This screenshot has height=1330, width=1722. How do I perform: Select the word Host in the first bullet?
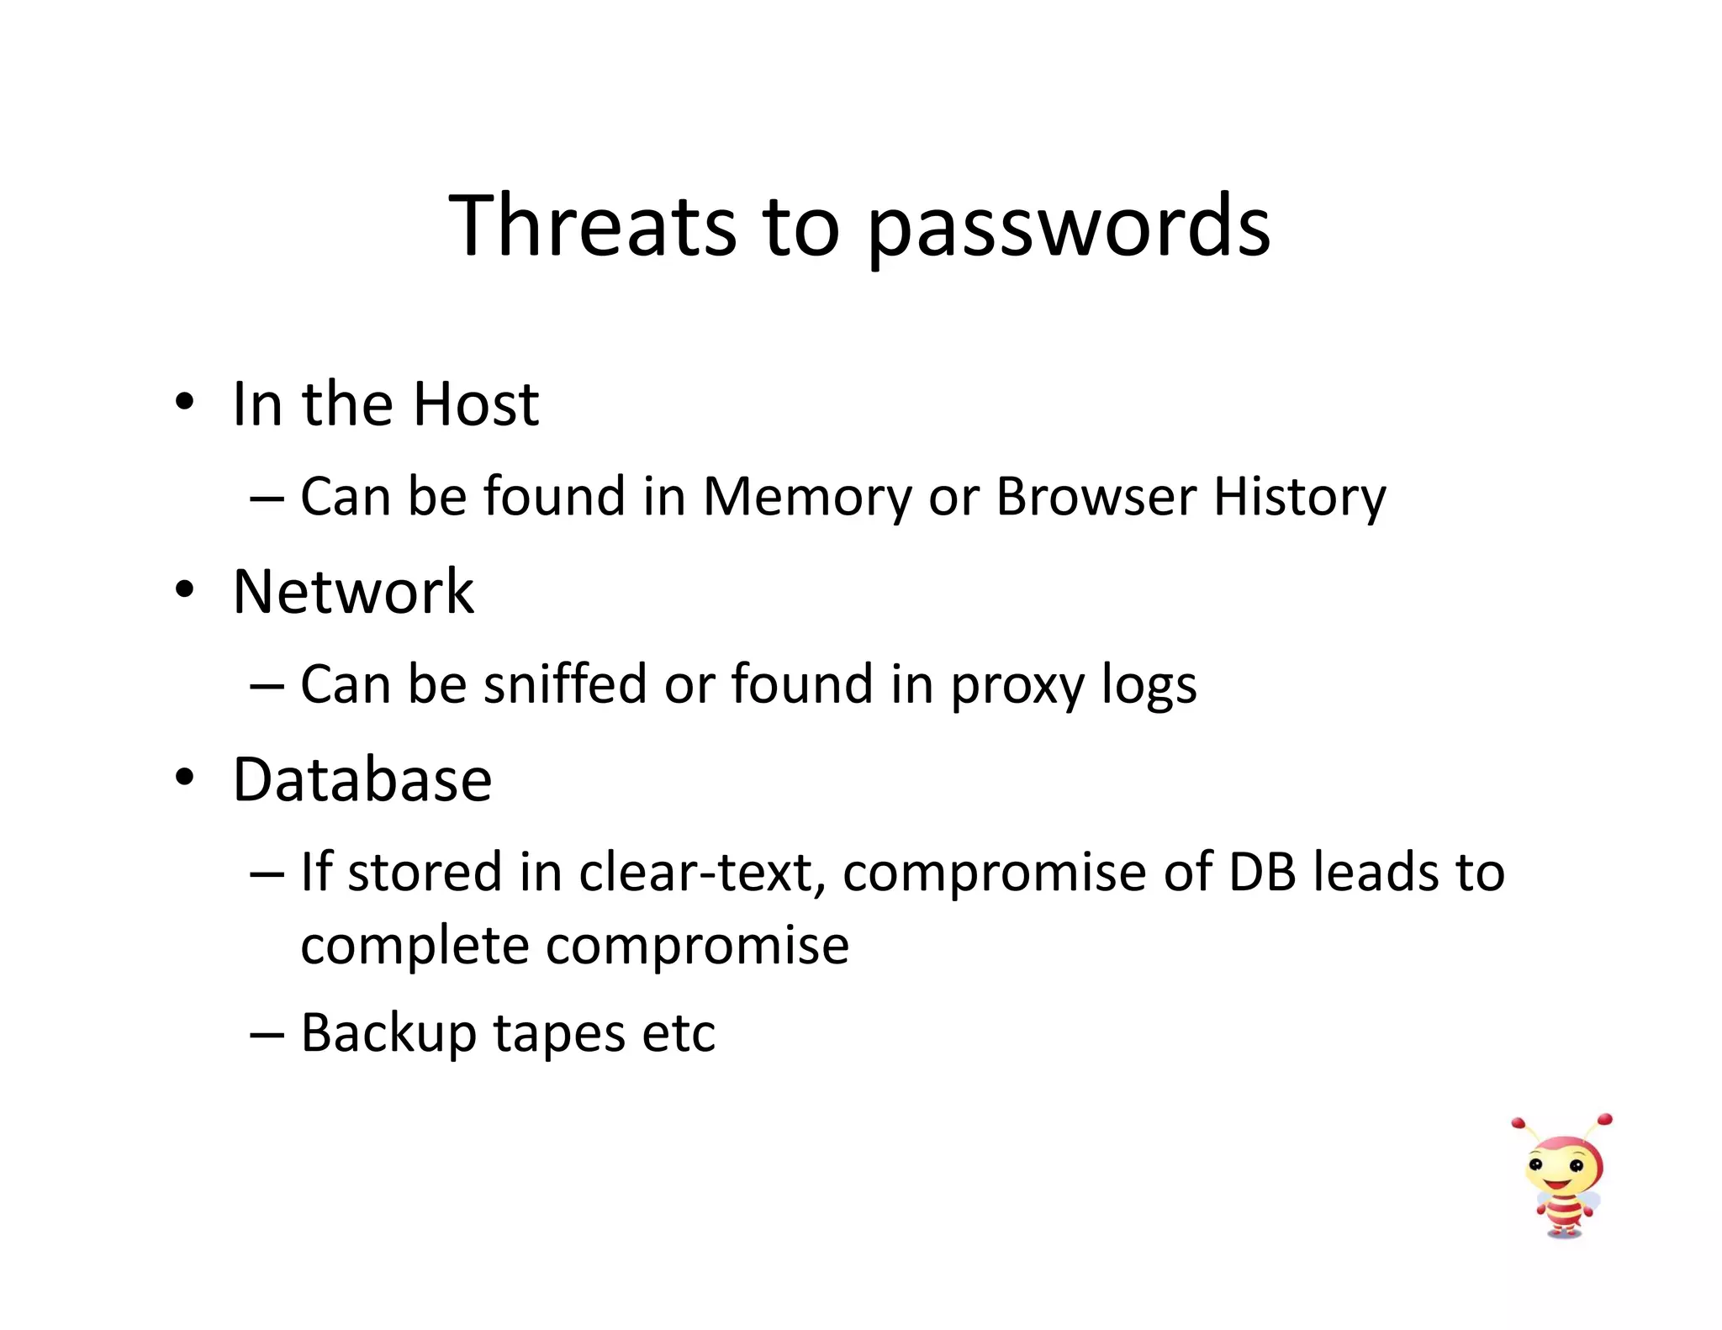[475, 404]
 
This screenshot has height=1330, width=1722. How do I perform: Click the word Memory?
[806, 498]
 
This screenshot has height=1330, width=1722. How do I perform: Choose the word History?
[1299, 498]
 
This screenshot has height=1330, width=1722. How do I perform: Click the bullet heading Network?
[353, 592]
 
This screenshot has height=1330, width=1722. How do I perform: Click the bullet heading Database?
[362, 780]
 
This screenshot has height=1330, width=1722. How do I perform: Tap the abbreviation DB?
[1262, 873]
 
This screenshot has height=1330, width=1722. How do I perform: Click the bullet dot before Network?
[184, 589]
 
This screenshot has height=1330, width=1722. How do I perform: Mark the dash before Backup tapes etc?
[267, 1034]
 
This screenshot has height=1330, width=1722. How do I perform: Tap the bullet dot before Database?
[184, 778]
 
